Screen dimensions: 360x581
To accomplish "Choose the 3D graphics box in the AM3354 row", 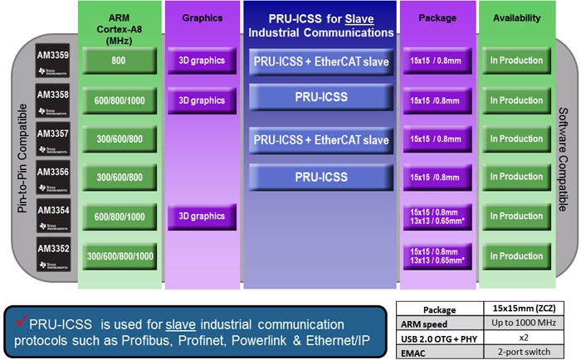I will [x=202, y=216].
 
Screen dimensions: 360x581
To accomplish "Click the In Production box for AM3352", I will [x=515, y=256].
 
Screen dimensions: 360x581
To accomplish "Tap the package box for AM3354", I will [x=438, y=216].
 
